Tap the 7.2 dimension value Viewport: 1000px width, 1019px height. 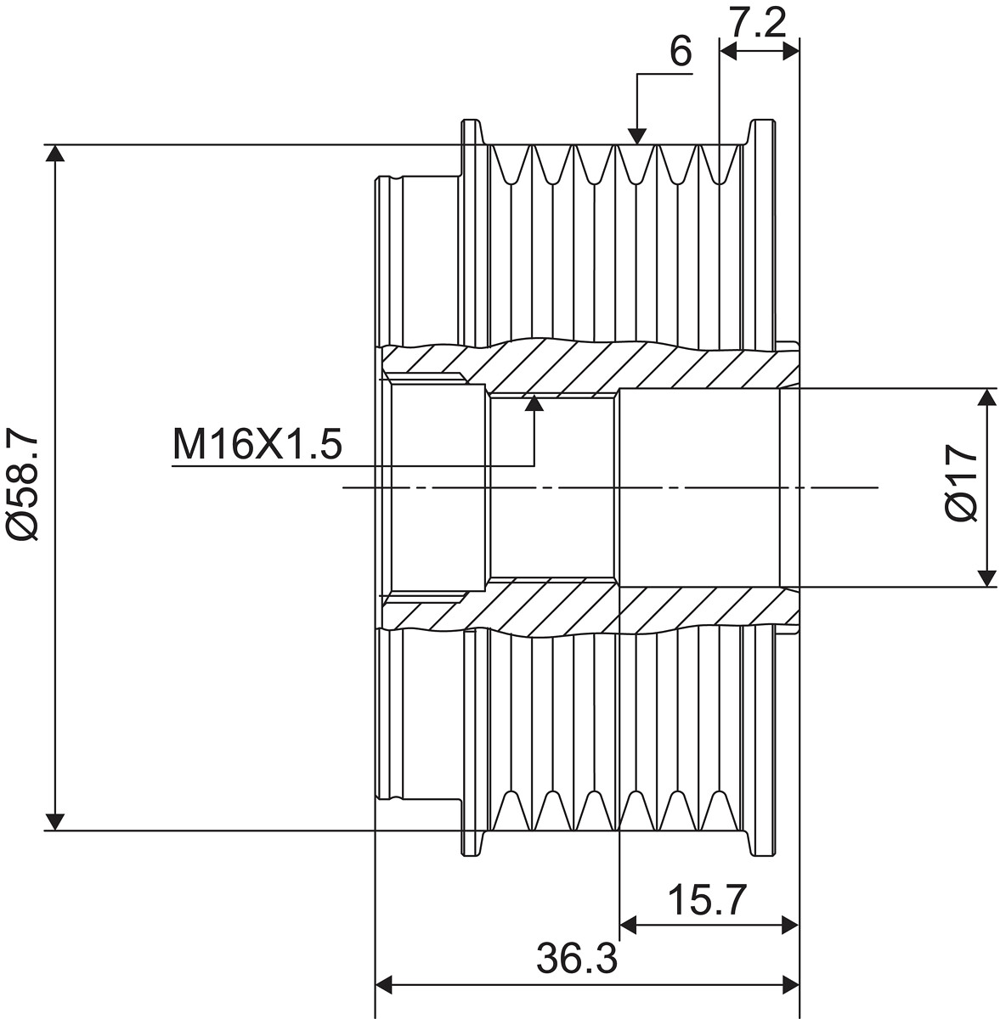[x=757, y=22]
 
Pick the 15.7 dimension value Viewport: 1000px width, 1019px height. [x=707, y=900]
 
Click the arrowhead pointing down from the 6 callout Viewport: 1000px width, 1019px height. [x=637, y=136]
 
